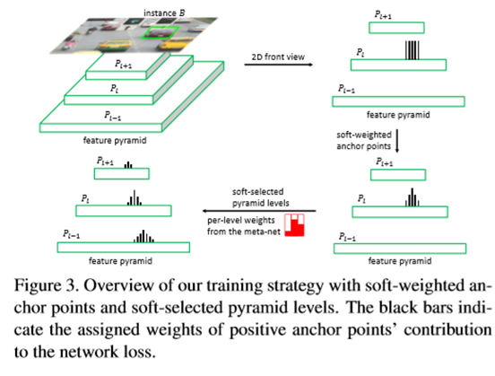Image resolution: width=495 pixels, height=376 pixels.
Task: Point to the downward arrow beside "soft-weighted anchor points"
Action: tap(396, 141)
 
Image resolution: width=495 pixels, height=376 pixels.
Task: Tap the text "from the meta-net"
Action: tap(243, 231)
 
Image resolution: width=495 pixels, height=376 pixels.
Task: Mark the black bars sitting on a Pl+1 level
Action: tap(128, 165)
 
